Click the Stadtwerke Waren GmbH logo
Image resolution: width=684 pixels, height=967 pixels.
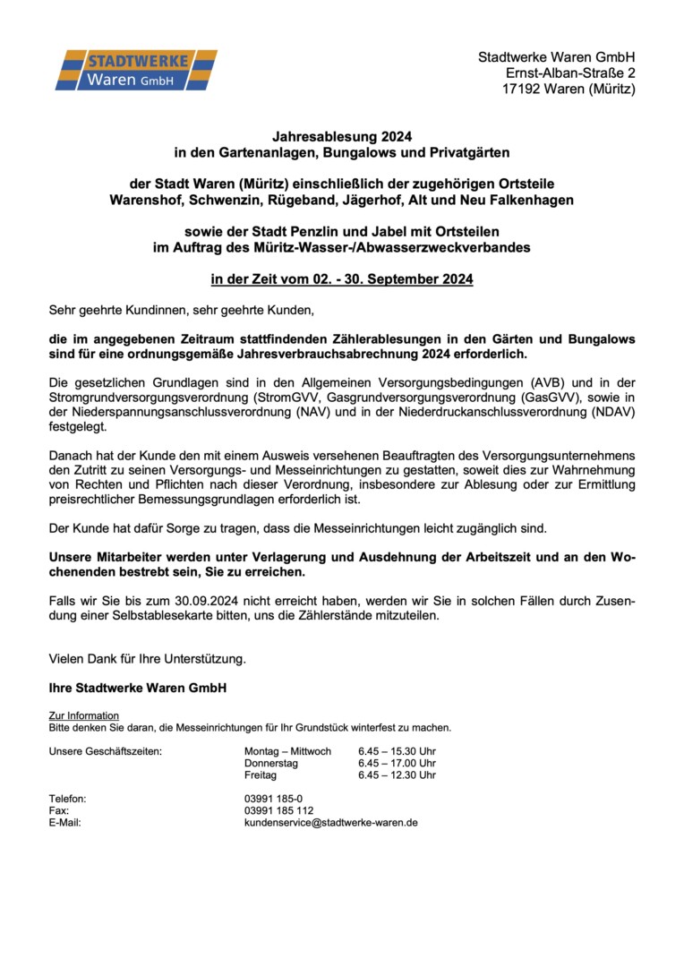tap(136, 71)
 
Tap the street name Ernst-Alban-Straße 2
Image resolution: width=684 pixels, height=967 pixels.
tap(570, 73)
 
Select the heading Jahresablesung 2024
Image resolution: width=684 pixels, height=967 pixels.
tap(341, 138)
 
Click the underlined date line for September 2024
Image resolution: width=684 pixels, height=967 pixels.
tap(341, 279)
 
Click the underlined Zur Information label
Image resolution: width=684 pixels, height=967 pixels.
tap(83, 715)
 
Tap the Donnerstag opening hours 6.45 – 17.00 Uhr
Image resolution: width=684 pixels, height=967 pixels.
tap(397, 763)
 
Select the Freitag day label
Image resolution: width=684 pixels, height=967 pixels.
tap(261, 774)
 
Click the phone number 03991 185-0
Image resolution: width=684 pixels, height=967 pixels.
tap(273, 799)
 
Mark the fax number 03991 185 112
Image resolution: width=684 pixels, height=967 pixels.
tap(278, 810)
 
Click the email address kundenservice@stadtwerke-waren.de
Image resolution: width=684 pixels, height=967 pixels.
tap(330, 822)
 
